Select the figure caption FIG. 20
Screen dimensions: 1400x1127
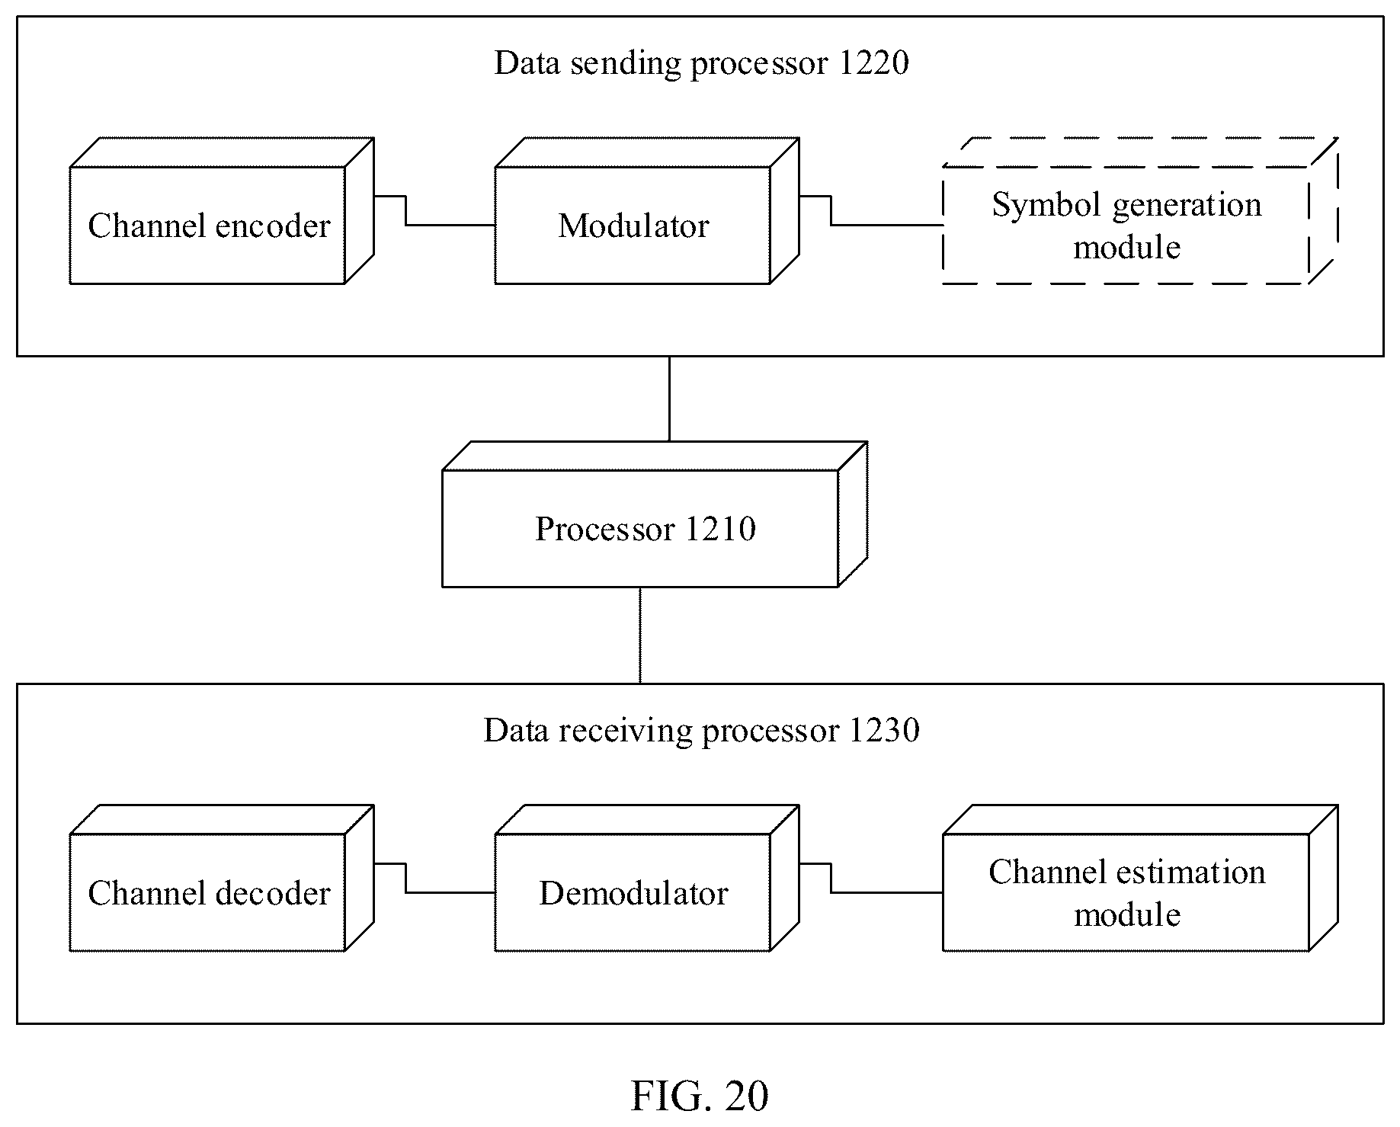[x=700, y=1097]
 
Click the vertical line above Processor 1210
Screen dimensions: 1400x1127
[x=669, y=399]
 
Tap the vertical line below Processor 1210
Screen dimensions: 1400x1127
[x=640, y=636]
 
